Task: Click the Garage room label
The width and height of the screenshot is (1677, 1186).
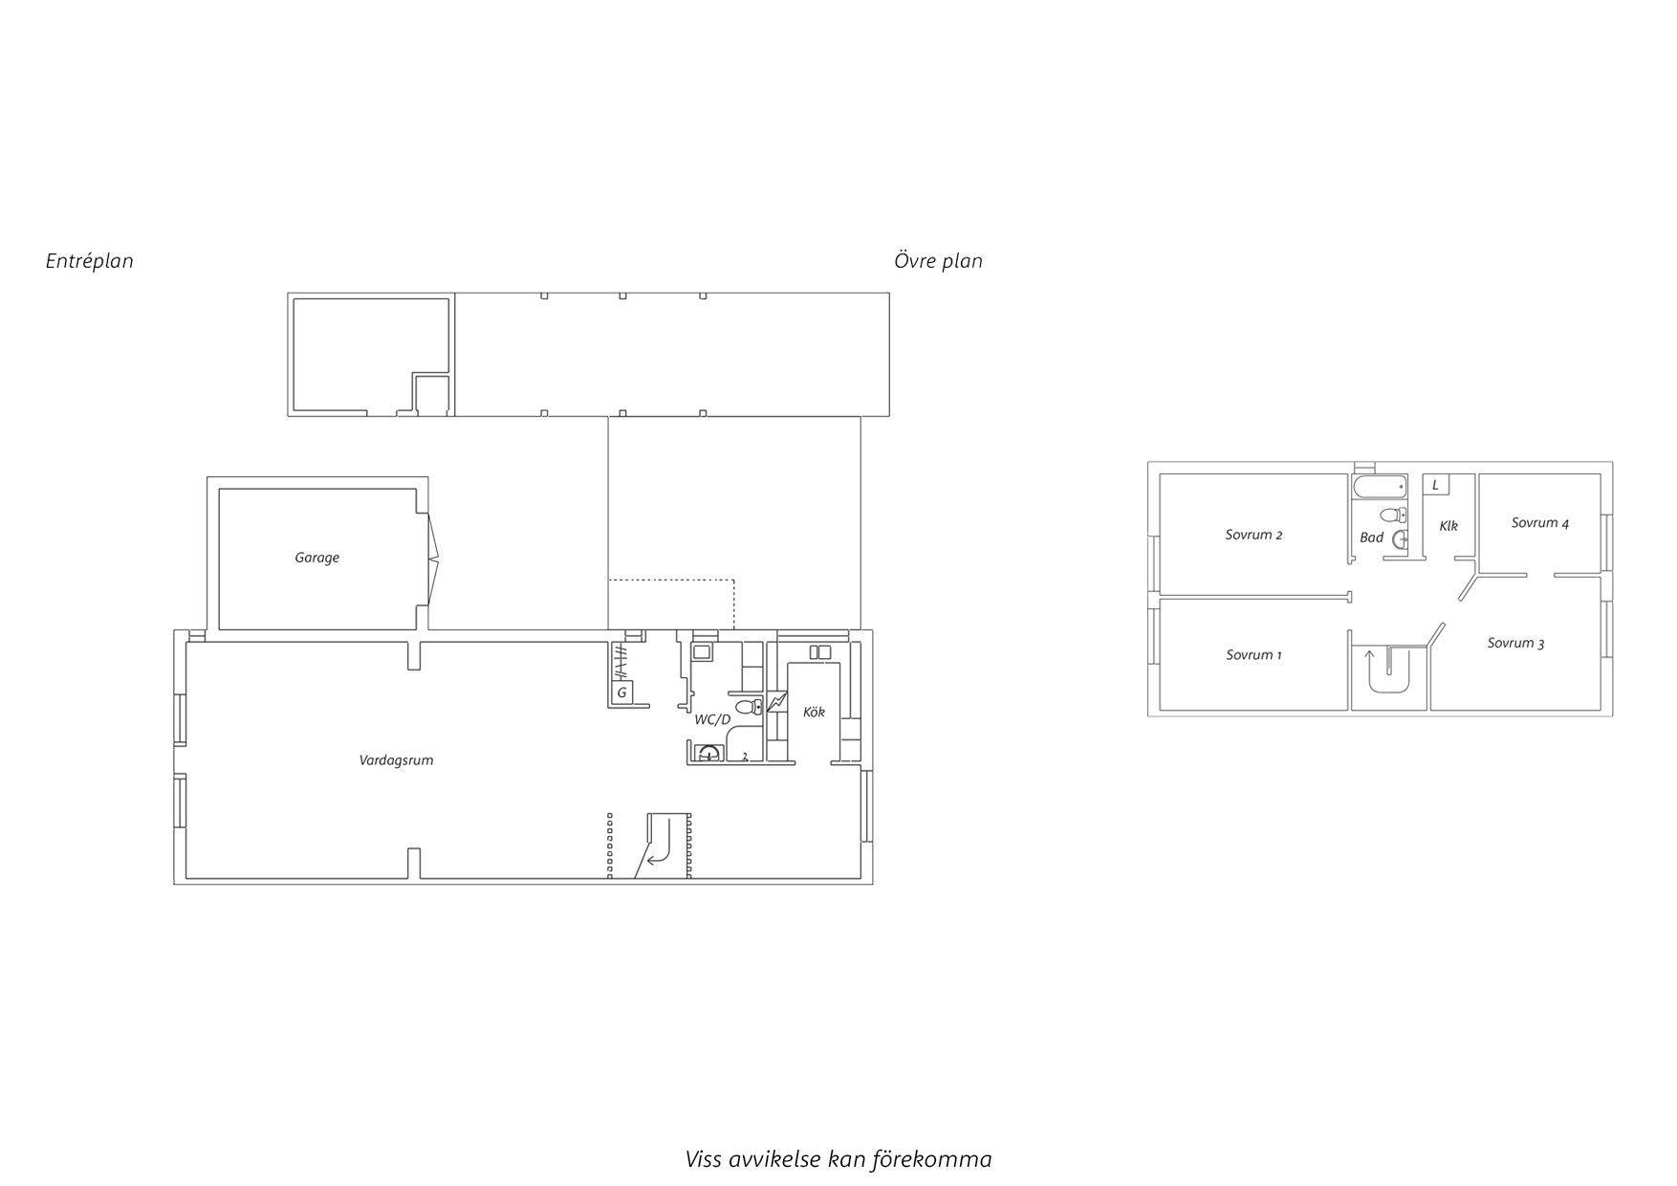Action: (x=316, y=558)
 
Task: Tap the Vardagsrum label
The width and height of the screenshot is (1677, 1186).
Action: (x=396, y=760)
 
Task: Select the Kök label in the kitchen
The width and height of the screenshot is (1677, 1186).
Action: (x=814, y=712)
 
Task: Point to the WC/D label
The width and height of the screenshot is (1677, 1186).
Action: (x=712, y=719)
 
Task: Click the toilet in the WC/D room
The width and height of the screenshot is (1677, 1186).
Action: (x=751, y=707)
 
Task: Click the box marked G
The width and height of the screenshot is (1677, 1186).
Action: (x=621, y=692)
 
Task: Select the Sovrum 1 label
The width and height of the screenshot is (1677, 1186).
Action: (x=1253, y=655)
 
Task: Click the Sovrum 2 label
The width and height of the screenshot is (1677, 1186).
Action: (x=1253, y=535)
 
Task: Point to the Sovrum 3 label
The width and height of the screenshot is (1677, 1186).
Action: (x=1515, y=643)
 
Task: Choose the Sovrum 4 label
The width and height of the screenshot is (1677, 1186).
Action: (x=1540, y=523)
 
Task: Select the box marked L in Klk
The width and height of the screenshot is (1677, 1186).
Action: (x=1435, y=485)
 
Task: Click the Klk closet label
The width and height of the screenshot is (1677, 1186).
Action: (x=1448, y=526)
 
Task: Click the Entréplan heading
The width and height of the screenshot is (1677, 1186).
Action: (x=90, y=261)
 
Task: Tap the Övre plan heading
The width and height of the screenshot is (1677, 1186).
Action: (x=938, y=261)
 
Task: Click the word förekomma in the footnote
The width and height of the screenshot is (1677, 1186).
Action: (x=932, y=1159)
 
